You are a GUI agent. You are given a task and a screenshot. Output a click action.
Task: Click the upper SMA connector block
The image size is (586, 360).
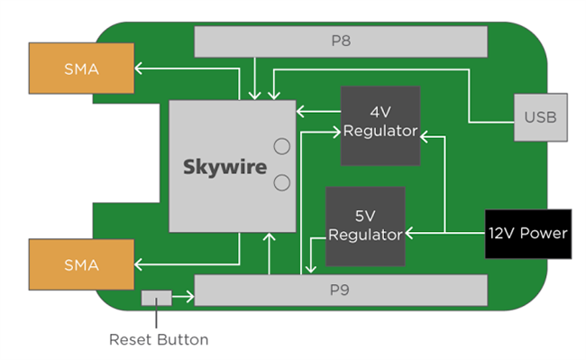point(81,68)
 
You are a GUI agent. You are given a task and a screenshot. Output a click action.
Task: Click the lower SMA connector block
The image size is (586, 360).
point(81,265)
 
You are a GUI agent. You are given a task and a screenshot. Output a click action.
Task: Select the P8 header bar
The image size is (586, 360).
point(341,41)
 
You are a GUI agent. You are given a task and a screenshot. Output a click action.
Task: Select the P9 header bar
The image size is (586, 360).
point(341,291)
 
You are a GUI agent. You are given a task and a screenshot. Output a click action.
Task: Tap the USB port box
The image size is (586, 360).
point(540,117)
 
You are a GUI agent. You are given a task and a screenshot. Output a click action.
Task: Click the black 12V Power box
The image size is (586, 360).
point(527,234)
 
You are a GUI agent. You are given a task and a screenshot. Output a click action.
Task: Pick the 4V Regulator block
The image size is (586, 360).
point(380,125)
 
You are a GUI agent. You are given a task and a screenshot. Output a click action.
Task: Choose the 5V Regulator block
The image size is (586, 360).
point(364,226)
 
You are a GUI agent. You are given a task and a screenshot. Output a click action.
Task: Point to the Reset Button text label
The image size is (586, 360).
point(159,340)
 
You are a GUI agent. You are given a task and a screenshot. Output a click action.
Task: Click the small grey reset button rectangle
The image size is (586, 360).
point(156,298)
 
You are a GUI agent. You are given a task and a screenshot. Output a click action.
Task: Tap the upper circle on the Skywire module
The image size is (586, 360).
point(281,145)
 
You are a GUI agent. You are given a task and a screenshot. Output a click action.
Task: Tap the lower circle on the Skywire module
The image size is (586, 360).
point(281,183)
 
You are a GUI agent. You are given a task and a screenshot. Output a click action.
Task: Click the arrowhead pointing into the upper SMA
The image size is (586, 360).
point(141,68)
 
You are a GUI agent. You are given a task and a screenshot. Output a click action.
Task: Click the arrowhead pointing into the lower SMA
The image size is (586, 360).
point(141,265)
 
